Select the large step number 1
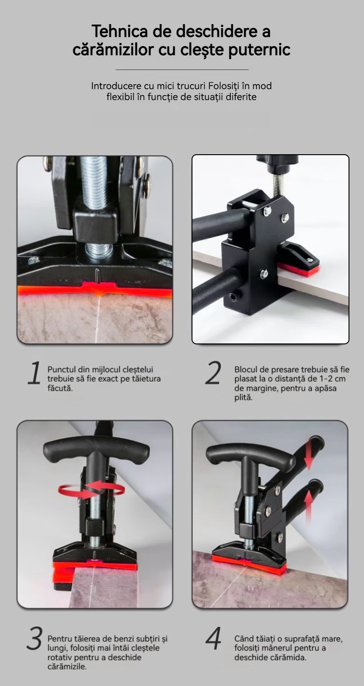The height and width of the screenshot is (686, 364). pos(34,373)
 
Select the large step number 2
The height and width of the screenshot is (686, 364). pos(213,373)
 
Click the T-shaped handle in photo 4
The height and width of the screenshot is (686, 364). pos(250,455)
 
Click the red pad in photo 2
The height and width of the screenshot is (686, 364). pos(300,269)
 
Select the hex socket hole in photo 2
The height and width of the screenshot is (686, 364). pos(233,297)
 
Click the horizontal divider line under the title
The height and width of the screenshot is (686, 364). pos(182,70)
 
